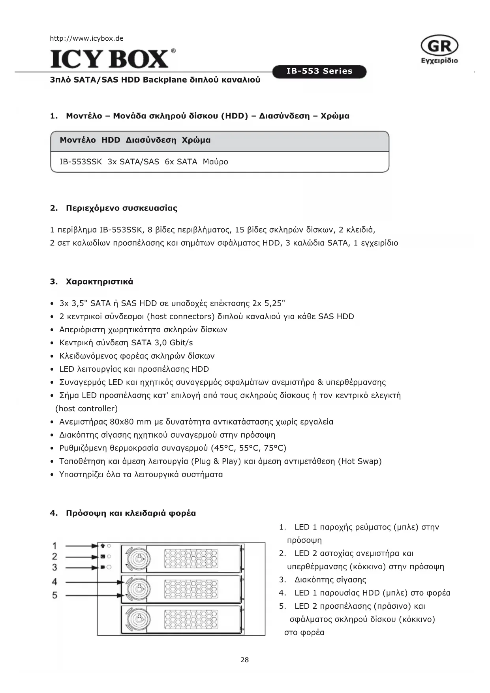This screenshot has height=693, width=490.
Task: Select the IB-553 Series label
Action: (319, 72)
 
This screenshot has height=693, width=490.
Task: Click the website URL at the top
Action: (86, 38)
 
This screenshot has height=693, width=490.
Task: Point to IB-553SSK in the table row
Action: (81, 162)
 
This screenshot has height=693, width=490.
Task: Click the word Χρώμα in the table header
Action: (196, 140)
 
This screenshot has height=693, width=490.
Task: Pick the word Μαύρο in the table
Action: (215, 162)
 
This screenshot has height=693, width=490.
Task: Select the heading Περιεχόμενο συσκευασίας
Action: (121, 208)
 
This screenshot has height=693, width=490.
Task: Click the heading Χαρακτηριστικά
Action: (99, 282)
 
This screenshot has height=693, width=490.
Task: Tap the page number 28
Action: (245, 660)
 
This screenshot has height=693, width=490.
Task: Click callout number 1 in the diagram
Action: (55, 546)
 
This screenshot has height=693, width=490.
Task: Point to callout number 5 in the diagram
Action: (55, 595)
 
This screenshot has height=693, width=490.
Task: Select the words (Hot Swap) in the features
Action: (360, 461)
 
